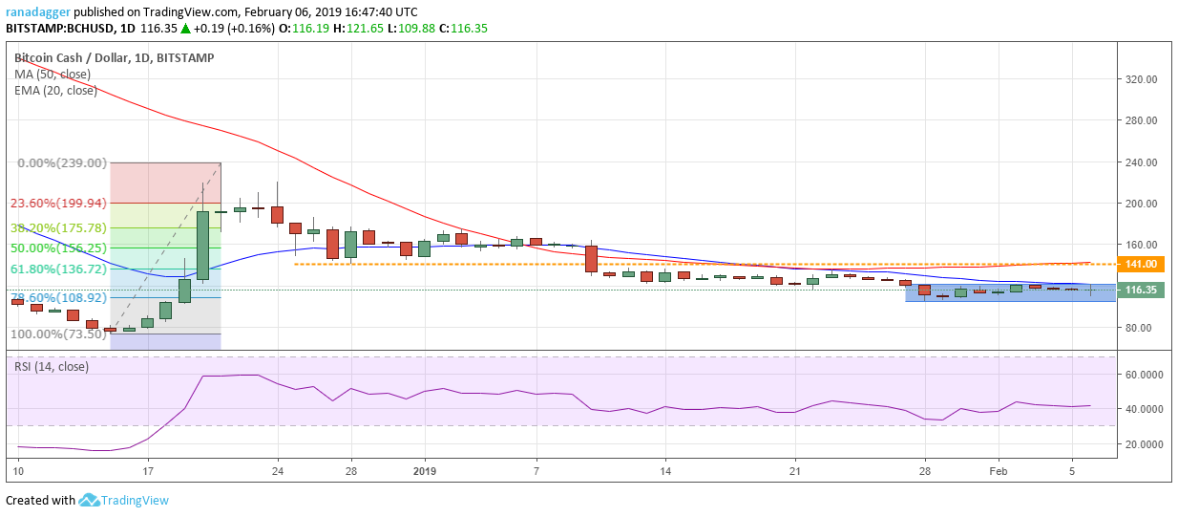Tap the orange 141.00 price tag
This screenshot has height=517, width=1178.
pos(1142,264)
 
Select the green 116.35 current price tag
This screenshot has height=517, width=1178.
pos(1142,290)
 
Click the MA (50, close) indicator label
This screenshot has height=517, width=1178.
pos(53,75)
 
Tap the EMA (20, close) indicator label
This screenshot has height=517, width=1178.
pos(55,91)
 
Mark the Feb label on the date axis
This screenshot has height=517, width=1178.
pos(999,471)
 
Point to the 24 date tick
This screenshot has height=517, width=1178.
pos(278,471)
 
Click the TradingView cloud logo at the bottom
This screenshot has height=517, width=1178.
pos(90,500)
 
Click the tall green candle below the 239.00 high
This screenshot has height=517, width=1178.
pos(203,246)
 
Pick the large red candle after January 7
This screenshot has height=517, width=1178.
pos(591,259)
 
